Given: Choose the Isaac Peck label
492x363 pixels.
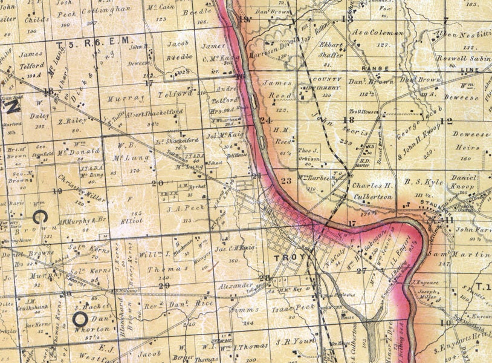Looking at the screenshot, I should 299,307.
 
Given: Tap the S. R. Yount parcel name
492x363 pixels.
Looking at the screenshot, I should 296,341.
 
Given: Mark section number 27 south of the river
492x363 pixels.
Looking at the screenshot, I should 361,270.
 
